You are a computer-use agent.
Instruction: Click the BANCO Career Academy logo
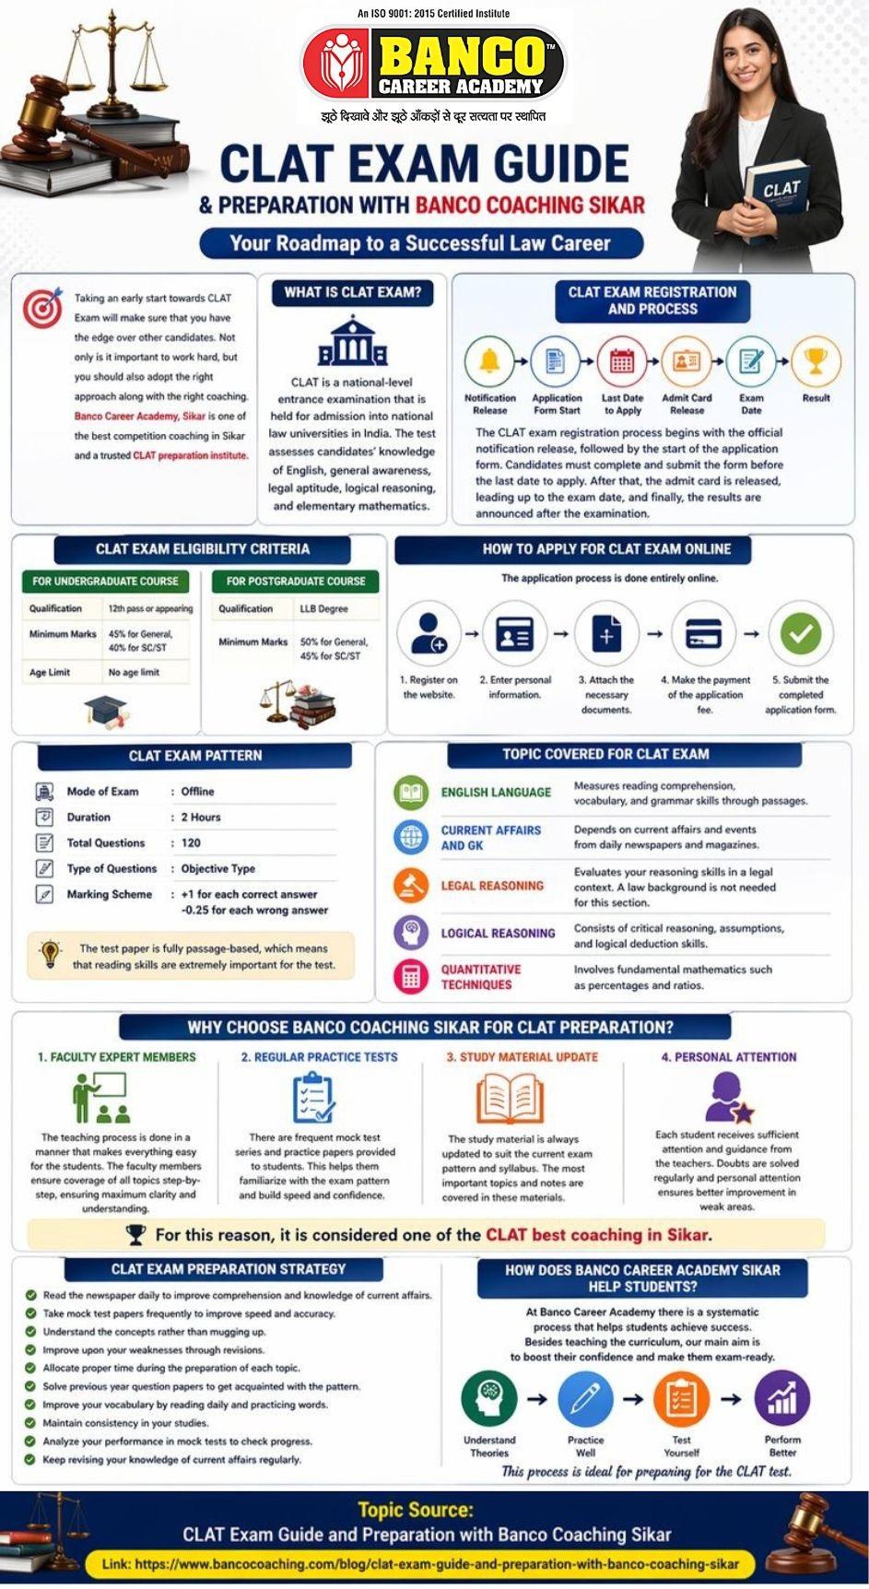[433, 63]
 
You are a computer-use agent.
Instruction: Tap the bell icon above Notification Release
[489, 361]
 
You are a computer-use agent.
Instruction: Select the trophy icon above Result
[816, 361]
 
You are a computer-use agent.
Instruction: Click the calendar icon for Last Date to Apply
[622, 361]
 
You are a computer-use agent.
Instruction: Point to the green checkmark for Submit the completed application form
[800, 634]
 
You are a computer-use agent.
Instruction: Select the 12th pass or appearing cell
[150, 608]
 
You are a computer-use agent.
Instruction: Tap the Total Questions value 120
[191, 843]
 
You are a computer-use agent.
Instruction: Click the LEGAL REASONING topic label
[492, 886]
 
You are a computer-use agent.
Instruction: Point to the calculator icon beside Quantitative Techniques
[411, 977]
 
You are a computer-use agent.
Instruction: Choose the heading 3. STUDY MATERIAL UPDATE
[523, 1057]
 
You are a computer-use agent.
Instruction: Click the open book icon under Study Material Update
[509, 1100]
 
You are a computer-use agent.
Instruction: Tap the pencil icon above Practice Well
[585, 1399]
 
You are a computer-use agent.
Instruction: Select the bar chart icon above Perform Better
[781, 1399]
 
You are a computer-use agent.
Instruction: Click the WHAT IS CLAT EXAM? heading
[352, 293]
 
